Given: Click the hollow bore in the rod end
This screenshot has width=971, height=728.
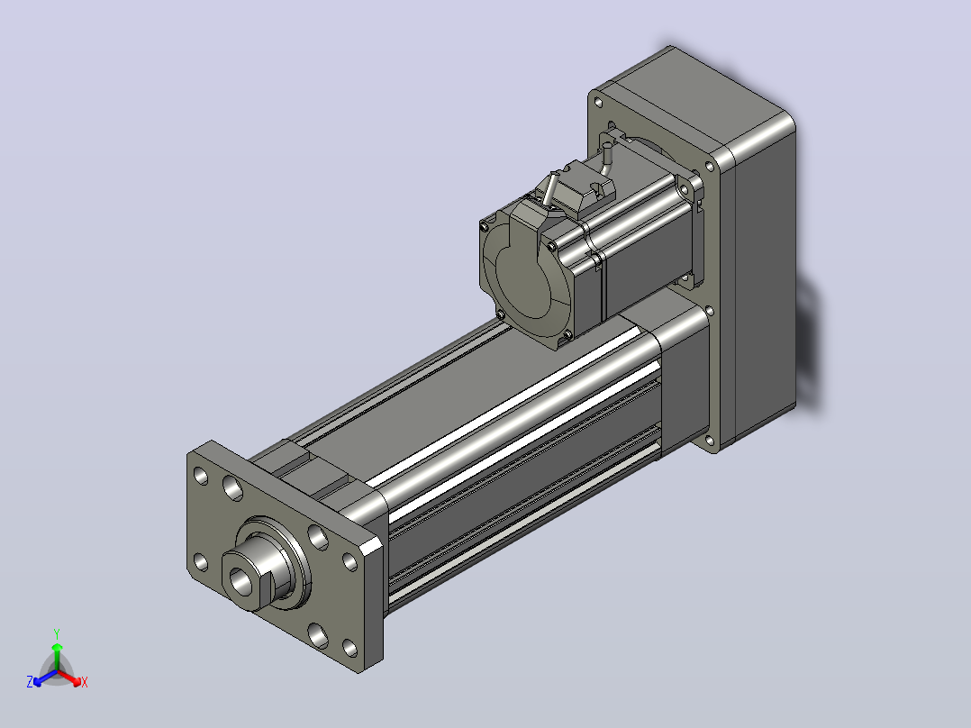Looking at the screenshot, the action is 240,580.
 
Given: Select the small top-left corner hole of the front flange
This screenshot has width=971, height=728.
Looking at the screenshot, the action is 201,476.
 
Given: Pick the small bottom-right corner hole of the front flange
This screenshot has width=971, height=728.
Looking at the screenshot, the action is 349,648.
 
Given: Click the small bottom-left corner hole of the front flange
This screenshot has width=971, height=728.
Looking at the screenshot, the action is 201,562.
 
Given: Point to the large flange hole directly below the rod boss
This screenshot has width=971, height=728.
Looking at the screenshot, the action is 318,635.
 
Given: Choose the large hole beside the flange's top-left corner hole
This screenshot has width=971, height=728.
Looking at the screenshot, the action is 232,487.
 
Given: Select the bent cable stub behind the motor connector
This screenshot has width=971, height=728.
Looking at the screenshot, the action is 605,156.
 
